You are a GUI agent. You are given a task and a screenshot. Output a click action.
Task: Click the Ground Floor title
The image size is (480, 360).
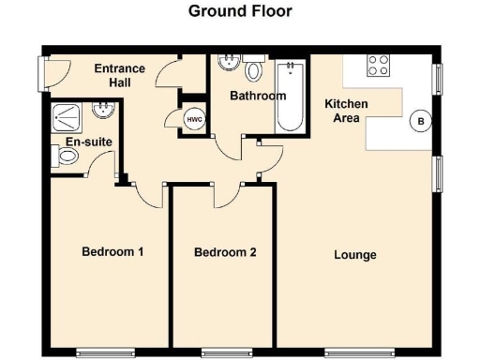tap(240, 12)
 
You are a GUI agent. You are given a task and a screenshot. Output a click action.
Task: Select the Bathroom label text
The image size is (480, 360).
tap(257, 96)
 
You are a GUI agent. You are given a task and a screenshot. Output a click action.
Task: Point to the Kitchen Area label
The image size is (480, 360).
tap(346, 111)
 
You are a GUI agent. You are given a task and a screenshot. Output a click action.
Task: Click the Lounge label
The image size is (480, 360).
tap(355, 254)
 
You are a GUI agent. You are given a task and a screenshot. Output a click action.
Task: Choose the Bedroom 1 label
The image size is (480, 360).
tap(112, 251)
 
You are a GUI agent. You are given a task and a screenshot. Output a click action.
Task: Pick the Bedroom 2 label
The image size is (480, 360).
tap(225, 252)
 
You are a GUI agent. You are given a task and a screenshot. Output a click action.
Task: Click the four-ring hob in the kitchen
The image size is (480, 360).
tap(379, 66)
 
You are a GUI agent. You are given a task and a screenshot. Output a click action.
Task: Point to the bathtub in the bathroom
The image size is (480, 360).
tap(289, 96)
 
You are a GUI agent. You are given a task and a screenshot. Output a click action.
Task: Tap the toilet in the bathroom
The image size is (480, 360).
tap(253, 70)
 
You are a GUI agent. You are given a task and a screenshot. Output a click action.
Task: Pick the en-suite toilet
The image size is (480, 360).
tap(67, 159)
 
